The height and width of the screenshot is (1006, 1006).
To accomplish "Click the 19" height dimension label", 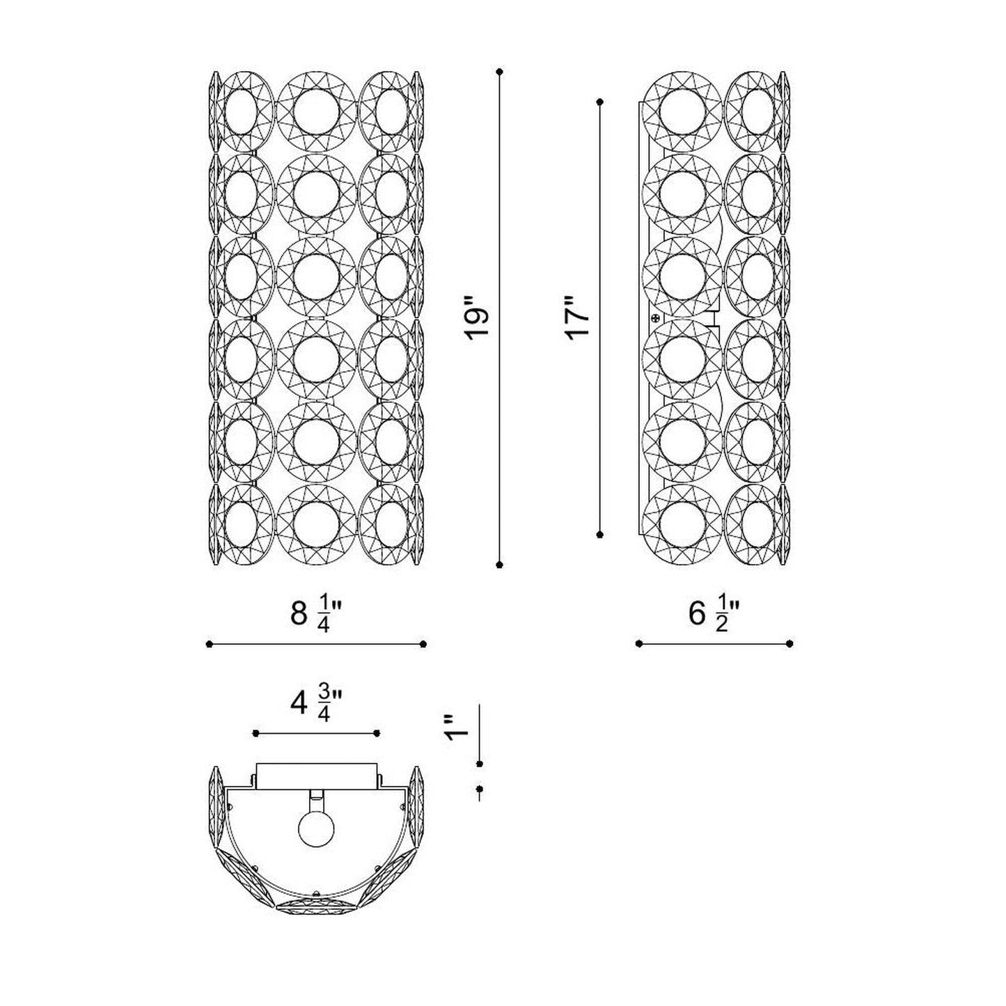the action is (x=477, y=318).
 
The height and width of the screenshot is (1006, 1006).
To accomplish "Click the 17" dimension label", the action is (x=577, y=318).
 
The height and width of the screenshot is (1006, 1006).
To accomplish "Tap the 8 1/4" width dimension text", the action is (x=316, y=614).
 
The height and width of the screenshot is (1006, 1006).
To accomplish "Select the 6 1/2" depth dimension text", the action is (x=714, y=614).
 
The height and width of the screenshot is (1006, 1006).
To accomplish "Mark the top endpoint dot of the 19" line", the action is (x=500, y=71).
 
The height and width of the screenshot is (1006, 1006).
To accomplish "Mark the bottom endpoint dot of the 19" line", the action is (x=500, y=565).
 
